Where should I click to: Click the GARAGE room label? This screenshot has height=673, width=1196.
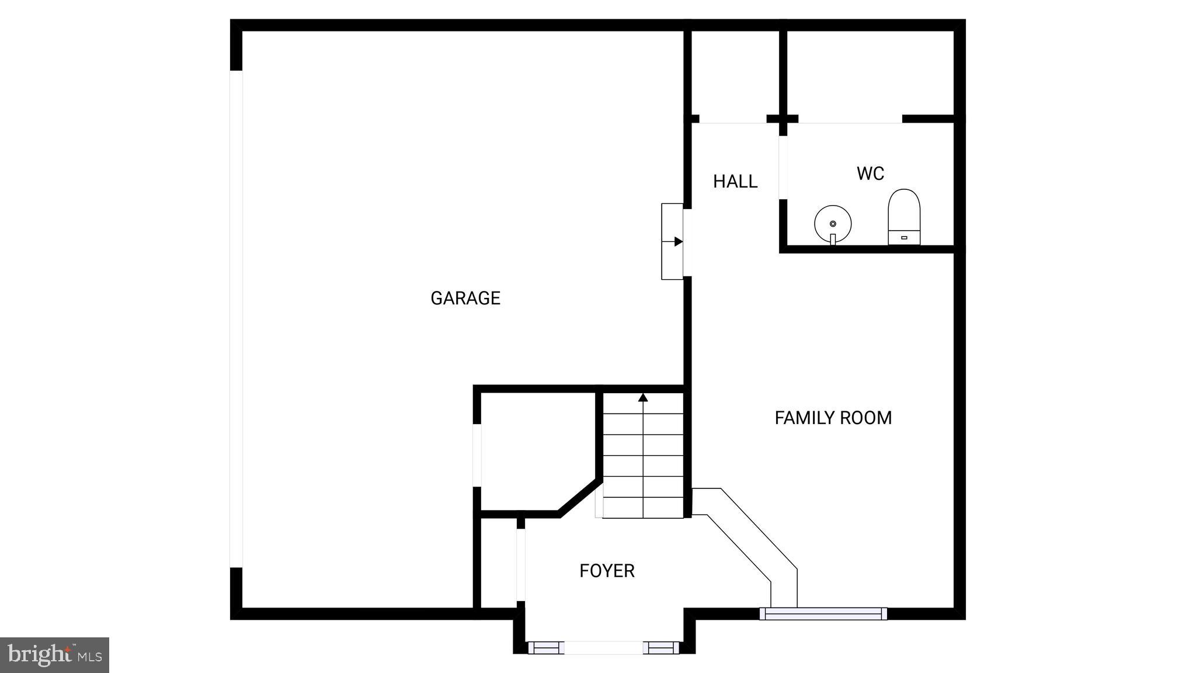coord(465,298)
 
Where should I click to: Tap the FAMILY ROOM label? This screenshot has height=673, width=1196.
coord(833,418)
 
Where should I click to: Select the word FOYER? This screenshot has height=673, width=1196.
coord(607,571)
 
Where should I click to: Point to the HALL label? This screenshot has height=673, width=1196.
coord(735,182)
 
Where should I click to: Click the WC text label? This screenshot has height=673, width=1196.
coord(870,174)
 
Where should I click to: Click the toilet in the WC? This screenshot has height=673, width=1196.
coord(904,217)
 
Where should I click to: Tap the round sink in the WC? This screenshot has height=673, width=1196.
coord(833,224)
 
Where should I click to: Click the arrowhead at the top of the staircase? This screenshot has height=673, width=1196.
coord(643,398)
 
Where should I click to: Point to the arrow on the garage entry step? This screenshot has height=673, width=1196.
coord(677,241)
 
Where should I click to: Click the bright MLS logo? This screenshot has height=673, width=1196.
coord(54,655)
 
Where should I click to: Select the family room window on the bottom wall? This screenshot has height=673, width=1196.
coord(823,613)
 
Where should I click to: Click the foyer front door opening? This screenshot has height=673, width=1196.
coord(604,647)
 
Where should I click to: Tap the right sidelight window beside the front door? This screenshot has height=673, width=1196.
coord(661,647)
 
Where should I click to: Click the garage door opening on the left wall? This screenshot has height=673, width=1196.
coord(236,318)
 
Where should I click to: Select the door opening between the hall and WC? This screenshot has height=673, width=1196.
coord(783,167)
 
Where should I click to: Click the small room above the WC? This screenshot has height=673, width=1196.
coord(870,73)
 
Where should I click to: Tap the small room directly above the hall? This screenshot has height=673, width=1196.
coord(735,73)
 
